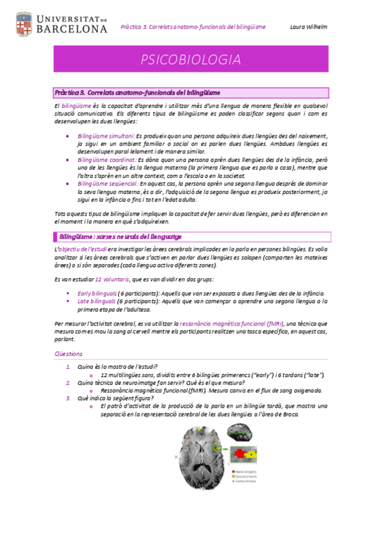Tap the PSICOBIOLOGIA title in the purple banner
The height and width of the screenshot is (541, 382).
tap(191, 61)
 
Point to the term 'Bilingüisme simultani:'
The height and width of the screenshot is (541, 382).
tap(106, 137)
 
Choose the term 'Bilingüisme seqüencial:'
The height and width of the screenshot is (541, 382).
tap(108, 183)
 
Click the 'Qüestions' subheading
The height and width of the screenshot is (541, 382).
tap(68, 353)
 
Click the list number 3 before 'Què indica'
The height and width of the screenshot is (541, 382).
tap(69, 398)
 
